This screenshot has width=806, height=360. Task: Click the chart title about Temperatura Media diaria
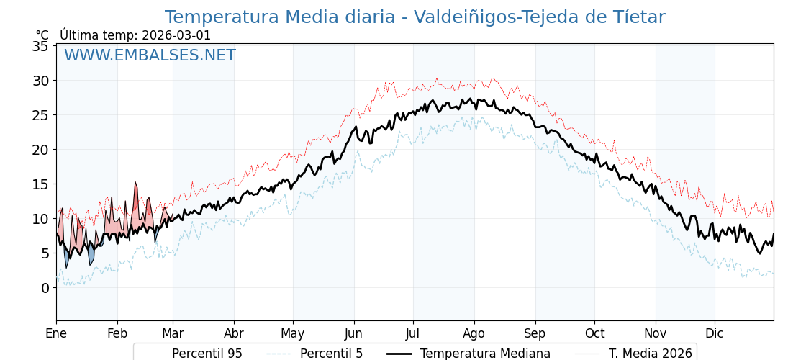415,17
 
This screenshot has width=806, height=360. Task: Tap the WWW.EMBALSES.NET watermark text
150,55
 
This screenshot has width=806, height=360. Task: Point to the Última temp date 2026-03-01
176,35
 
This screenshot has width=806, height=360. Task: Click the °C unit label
42,35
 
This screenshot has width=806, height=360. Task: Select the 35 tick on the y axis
40,46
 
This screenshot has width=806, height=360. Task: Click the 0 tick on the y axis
45,288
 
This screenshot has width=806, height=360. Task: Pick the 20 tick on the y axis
40,150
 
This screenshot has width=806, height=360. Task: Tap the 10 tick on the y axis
40,219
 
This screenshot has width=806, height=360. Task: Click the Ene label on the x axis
56,333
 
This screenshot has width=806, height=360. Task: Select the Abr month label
234,333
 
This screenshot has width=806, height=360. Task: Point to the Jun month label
354,333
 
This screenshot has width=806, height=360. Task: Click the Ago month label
474,333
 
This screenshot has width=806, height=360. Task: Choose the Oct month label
594,333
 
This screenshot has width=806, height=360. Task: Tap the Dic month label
715,333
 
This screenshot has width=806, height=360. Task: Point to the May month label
293,333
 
